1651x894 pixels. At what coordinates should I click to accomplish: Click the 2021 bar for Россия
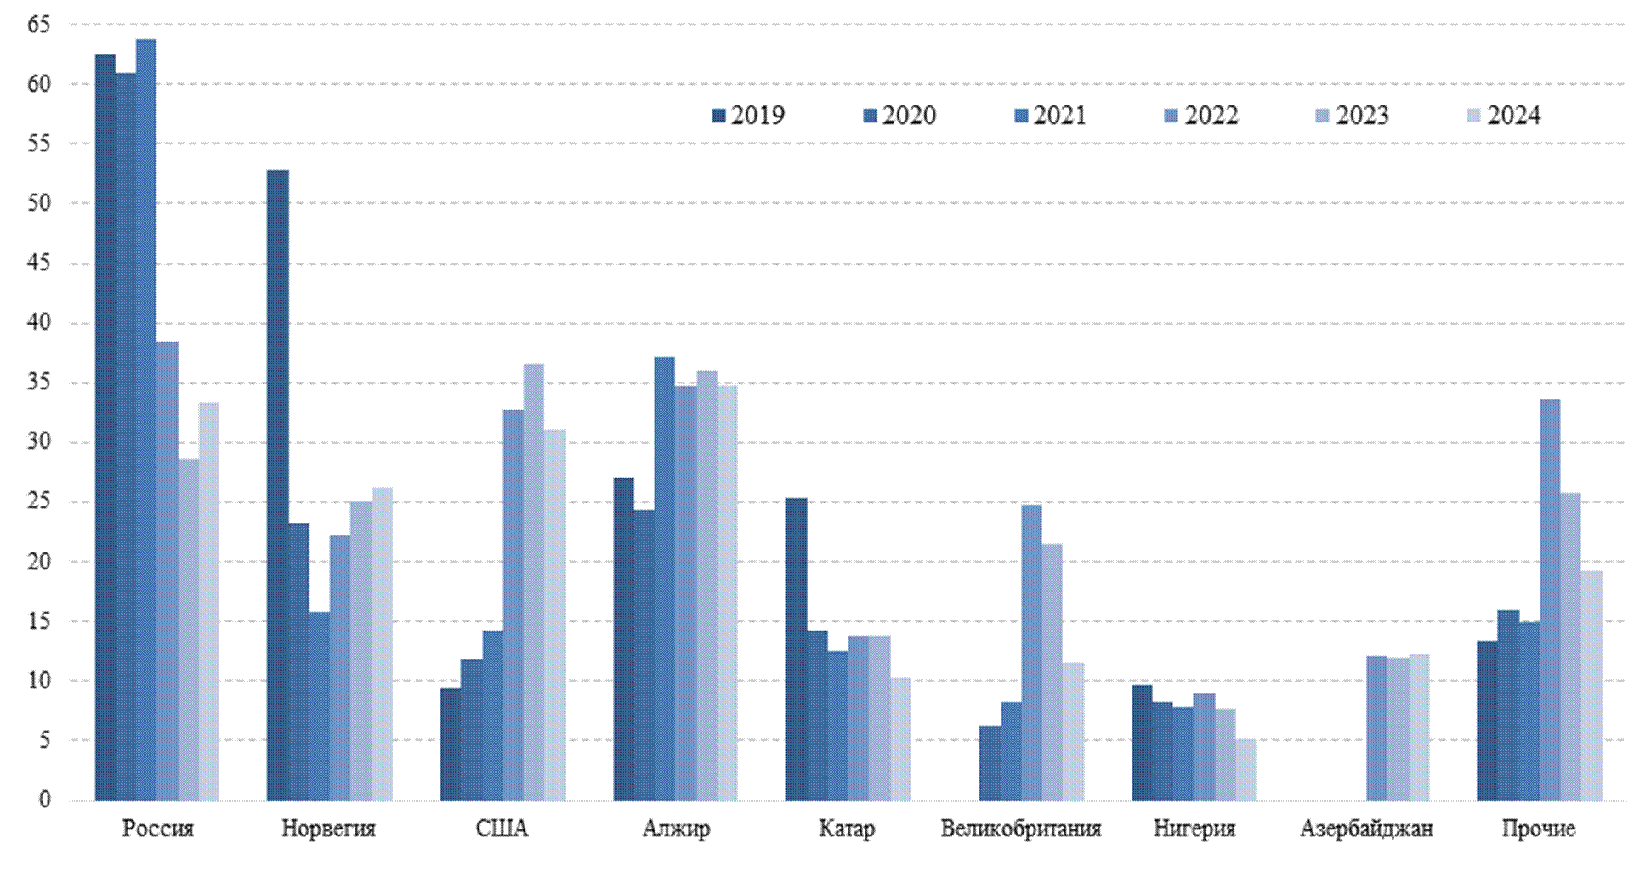[146, 420]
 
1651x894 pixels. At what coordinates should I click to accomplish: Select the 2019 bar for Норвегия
[278, 485]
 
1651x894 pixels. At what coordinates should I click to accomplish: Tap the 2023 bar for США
[534, 582]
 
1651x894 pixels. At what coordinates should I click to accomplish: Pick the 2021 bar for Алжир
[665, 579]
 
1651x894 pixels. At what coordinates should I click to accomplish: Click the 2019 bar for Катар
[796, 649]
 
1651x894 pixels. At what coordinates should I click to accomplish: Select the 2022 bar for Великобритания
[1031, 653]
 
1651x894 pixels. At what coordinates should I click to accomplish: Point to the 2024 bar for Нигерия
[1245, 770]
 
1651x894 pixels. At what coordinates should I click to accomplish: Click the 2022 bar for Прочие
[1550, 600]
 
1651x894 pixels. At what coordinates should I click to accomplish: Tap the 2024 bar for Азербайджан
[1419, 727]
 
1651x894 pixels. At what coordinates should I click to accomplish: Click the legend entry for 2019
[748, 116]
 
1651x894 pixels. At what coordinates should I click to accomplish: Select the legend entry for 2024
[1504, 116]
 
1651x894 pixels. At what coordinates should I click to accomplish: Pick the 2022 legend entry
[1201, 116]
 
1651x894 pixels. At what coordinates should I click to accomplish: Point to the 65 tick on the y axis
[39, 25]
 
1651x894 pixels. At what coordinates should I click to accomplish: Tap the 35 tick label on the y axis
[39, 382]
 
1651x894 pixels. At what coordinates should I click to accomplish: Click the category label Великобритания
[1020, 829]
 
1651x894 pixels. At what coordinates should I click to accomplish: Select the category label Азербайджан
[1366, 829]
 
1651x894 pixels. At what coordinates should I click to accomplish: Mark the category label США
[502, 829]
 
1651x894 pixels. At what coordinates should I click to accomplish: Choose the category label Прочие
[1538, 829]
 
